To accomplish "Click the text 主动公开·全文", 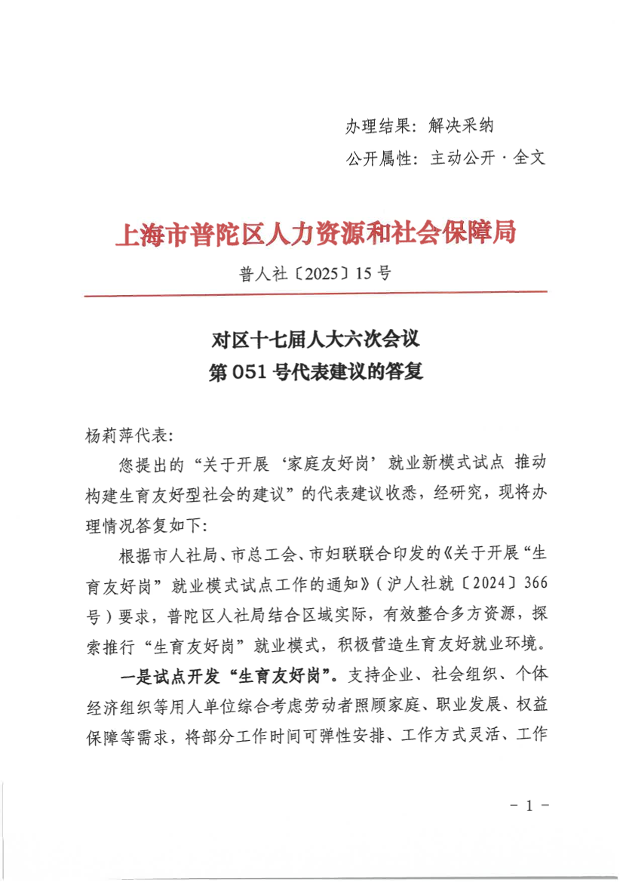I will click(487, 159).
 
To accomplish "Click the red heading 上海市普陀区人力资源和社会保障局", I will click(315, 235).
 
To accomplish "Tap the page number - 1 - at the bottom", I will click(528, 806).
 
